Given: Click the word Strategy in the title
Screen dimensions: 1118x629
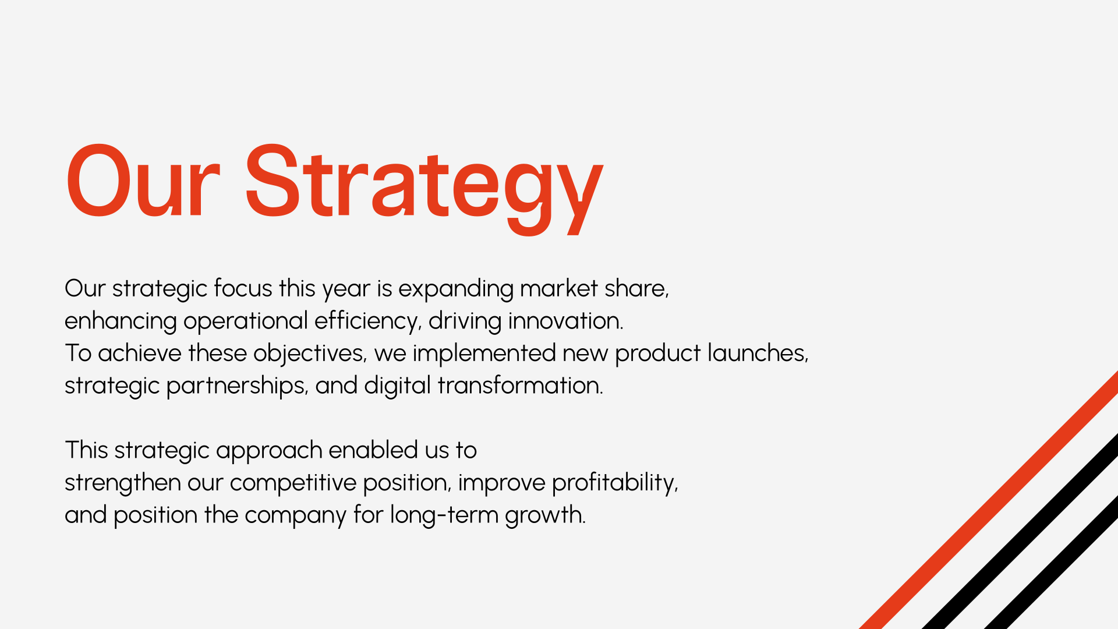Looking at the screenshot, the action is click(424, 188).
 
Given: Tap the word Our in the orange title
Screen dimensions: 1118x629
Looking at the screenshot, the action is click(143, 181).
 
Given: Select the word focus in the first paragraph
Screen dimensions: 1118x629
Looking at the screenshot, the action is click(243, 288).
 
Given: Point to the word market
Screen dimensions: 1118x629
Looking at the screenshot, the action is click(559, 288).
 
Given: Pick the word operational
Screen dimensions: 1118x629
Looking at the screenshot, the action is click(246, 321).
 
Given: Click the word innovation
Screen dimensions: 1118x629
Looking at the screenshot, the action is click(565, 321).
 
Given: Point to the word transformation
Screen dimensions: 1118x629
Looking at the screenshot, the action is click(521, 386).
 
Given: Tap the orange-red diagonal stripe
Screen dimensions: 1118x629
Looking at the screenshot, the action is click(989, 500).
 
